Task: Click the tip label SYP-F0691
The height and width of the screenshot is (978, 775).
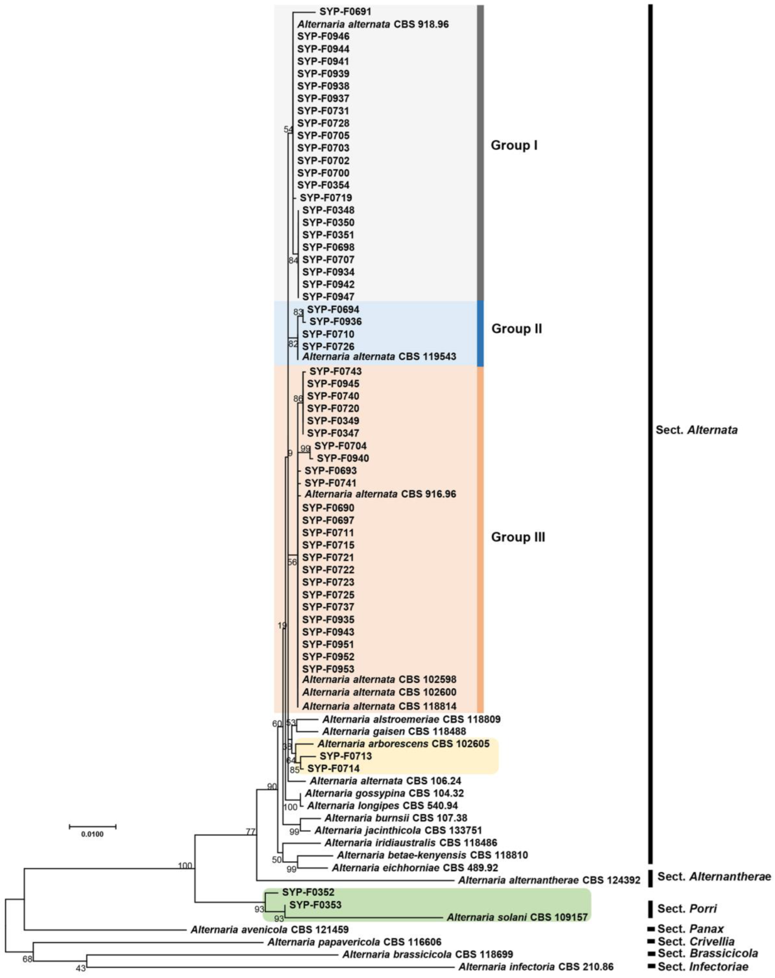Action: coord(345,12)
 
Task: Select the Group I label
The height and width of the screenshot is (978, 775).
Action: coord(514,146)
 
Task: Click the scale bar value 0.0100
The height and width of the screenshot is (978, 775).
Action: coord(93,834)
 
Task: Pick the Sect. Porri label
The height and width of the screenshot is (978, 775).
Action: coord(687,909)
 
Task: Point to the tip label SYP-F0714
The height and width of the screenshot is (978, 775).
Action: coord(333,769)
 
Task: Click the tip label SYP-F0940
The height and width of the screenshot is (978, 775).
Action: coord(343,458)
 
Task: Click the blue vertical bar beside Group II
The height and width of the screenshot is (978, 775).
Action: coord(480,333)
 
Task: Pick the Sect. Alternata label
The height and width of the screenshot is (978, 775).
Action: coord(696,430)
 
